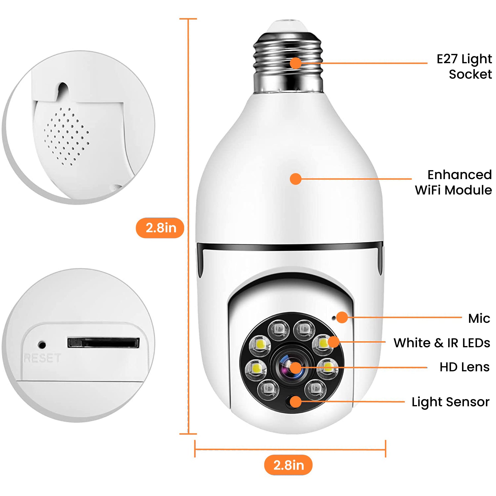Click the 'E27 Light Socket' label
pos(464,67)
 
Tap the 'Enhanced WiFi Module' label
pos(453,183)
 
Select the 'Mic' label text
pos(479,318)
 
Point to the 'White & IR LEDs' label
pos(442,343)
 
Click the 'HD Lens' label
pos(464,367)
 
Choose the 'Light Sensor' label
pos(450,402)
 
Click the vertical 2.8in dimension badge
pos(160,228)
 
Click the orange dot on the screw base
pos(296,63)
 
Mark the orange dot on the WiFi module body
pos(296,179)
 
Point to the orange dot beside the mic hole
pos(342,317)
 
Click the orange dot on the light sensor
pos(296,402)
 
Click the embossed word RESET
pos(42,358)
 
